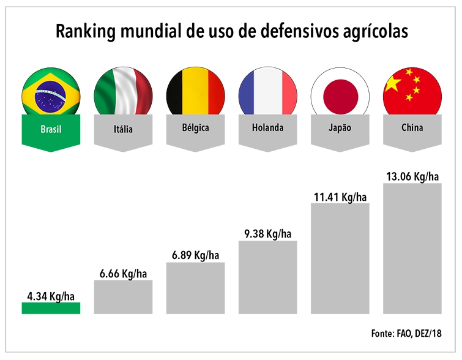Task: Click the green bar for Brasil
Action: pos(51,308)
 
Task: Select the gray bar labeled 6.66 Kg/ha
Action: pos(123,296)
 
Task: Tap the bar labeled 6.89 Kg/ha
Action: pos(196,288)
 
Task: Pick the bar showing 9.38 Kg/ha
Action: pos(267,277)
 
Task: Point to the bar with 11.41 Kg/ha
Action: pos(340,258)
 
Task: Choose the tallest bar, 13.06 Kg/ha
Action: pos(412,248)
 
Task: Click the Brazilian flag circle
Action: pos(51,94)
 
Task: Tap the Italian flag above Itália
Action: pos(123,94)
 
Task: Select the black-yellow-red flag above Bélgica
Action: pos(196,94)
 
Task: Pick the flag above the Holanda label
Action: pos(267,94)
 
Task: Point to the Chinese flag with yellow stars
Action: pos(412,94)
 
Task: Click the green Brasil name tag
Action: pos(51,130)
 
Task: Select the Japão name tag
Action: pos(340,129)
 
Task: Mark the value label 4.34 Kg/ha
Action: pos(51,297)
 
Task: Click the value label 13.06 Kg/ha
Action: pos(412,177)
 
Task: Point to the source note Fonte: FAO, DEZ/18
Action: pos(406,334)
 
